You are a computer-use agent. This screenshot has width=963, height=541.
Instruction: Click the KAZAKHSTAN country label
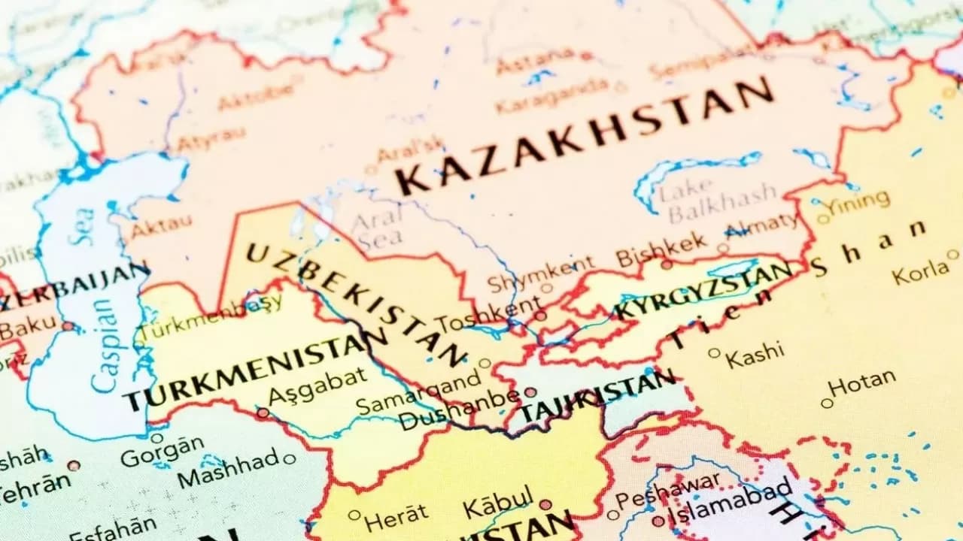tap(583, 135)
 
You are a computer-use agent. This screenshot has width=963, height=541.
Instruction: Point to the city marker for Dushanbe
tap(530, 392)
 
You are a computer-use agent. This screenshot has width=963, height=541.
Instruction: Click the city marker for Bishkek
tap(667, 264)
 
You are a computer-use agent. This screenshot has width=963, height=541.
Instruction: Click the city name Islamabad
tap(730, 501)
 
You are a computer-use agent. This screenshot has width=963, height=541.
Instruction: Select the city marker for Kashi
tap(714, 352)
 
